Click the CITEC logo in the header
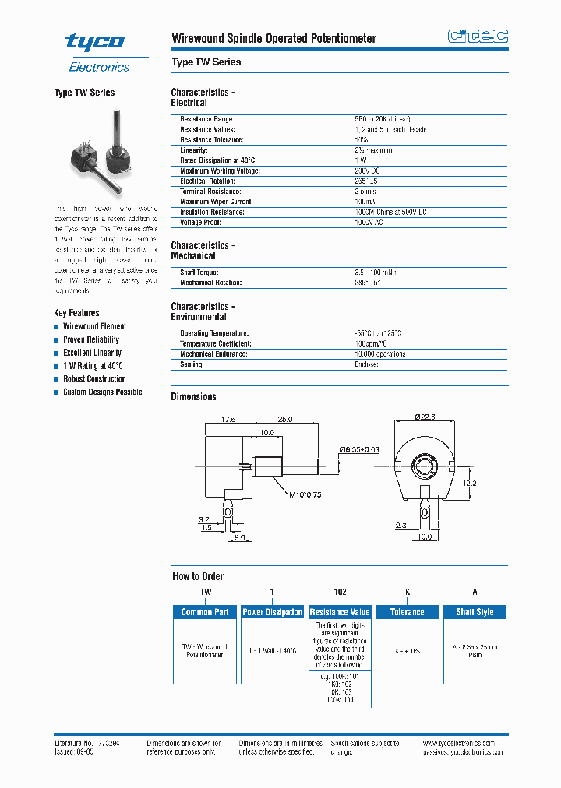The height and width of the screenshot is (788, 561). click(x=478, y=37)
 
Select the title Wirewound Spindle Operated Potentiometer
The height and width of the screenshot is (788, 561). click(x=273, y=38)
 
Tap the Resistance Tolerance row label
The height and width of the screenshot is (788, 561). click(x=212, y=140)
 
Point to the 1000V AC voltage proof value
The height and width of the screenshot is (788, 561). click(x=369, y=223)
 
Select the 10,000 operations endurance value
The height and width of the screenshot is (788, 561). click(x=379, y=354)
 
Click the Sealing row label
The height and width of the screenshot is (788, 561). click(x=192, y=364)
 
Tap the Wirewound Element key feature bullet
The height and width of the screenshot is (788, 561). click(x=94, y=327)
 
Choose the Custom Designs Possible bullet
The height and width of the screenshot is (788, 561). click(x=102, y=392)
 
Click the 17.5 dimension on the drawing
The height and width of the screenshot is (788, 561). click(x=228, y=419)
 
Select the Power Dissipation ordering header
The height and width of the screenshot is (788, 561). click(x=272, y=613)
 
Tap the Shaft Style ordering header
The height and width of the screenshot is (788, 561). click(x=475, y=613)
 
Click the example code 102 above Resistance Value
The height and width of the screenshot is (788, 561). click(x=340, y=593)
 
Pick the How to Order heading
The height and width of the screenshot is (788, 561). click(x=198, y=577)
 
